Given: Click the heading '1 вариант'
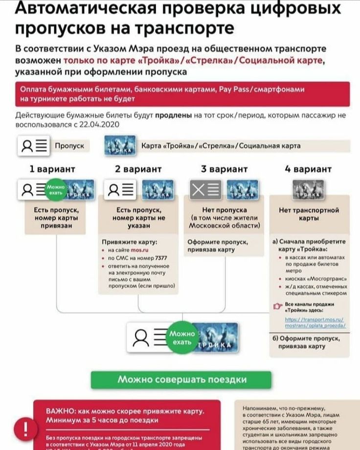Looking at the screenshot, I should (52, 169).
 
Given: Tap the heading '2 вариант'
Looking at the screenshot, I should (138, 169).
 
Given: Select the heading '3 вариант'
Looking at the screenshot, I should (225, 169).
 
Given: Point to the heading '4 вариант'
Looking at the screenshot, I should (308, 169).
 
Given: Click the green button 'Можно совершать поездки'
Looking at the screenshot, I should (181, 380).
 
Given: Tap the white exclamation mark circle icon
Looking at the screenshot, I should (22, 429).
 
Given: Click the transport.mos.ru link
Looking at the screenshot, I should (315, 321).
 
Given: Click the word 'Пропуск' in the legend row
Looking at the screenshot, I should (69, 146).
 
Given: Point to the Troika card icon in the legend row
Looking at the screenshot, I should (120, 146).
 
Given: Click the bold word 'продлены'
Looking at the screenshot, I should (174, 116).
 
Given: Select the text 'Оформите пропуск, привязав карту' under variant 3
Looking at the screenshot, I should (218, 246).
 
